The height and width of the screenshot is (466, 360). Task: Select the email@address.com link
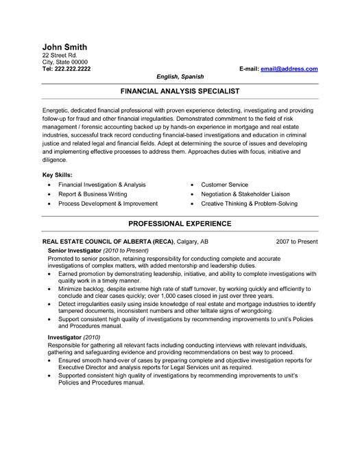289,69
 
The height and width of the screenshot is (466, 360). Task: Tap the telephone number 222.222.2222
72,69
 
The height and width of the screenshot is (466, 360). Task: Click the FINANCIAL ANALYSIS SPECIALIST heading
180,90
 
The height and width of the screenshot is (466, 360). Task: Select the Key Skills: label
57,175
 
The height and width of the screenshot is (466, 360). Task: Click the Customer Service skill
224,185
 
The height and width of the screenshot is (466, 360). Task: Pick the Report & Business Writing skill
92,194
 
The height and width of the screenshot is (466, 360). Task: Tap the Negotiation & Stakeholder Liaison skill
245,194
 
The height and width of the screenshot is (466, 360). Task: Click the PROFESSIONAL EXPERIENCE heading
180,224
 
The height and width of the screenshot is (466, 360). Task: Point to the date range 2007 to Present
296,242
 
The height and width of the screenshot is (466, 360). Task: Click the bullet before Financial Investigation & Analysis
50,185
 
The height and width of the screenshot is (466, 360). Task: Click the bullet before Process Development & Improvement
50,205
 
